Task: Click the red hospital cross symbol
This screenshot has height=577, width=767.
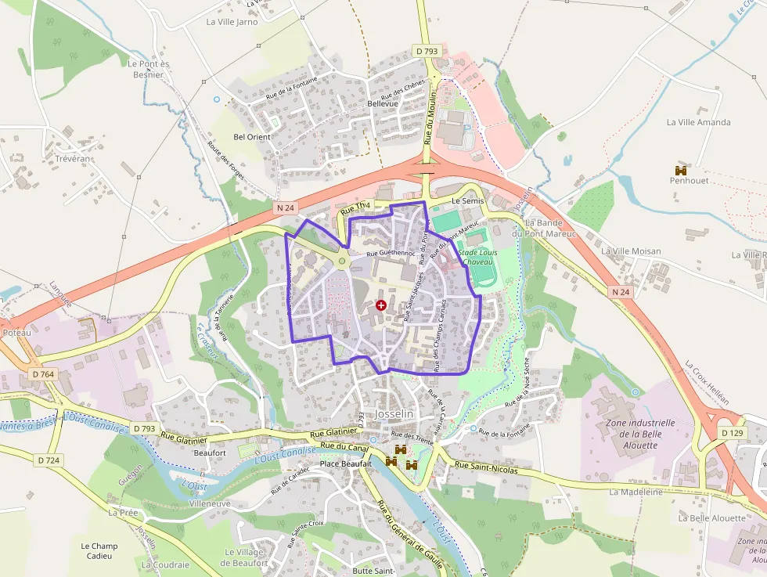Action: tap(381, 305)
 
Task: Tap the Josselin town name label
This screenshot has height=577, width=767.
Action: tap(398, 413)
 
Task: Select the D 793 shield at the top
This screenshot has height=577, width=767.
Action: tap(427, 51)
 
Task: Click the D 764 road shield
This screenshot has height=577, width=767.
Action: tap(43, 374)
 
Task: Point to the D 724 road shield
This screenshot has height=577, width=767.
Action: tap(48, 460)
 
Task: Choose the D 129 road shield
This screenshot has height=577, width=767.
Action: tap(733, 433)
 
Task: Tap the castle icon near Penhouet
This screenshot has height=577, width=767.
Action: tap(681, 170)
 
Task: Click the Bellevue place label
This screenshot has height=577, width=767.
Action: tap(383, 103)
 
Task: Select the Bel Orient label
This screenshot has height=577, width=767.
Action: tap(252, 137)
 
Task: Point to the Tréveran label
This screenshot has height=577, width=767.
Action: tap(73, 158)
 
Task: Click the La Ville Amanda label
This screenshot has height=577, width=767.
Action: tap(698, 122)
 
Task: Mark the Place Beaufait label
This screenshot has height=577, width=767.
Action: tap(345, 464)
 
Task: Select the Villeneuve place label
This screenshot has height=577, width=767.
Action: tap(210, 503)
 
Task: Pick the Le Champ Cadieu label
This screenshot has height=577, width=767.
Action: tap(99, 550)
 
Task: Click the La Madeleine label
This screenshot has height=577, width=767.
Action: tap(636, 492)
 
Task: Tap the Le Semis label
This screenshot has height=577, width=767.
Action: tap(468, 201)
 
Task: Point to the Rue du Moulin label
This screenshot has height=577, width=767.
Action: tap(430, 118)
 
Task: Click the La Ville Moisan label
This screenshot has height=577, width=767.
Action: tap(631, 251)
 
